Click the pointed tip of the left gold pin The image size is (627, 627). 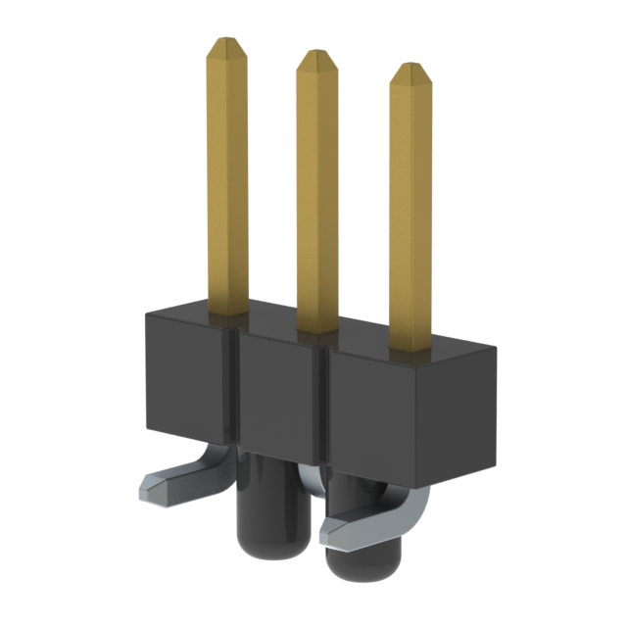226,45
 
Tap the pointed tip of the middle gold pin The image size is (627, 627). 316,58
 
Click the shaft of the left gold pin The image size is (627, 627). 227,176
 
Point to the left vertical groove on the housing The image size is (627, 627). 233,392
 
